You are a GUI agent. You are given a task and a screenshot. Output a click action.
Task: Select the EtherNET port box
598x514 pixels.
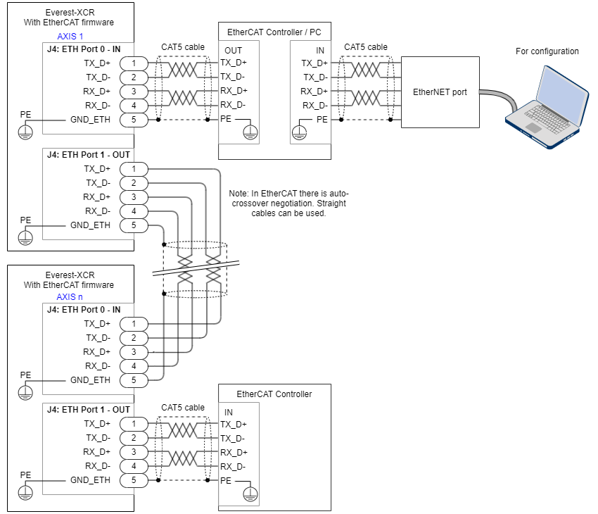(440, 92)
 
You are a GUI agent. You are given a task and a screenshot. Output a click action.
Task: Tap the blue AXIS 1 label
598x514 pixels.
(70, 36)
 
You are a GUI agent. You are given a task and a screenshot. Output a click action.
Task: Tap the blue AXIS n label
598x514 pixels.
(70, 296)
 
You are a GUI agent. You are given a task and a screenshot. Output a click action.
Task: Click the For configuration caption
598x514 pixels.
(547, 51)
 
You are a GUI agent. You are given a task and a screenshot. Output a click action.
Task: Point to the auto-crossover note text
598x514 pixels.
(288, 203)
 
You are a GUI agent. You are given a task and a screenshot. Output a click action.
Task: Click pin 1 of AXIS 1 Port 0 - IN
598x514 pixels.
(133, 63)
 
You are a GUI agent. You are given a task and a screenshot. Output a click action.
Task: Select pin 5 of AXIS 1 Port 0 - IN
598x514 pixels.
(133, 120)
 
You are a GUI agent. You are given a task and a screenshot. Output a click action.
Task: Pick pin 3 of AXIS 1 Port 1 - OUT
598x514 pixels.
(133, 197)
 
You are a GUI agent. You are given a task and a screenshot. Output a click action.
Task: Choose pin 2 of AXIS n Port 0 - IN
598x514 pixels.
(133, 338)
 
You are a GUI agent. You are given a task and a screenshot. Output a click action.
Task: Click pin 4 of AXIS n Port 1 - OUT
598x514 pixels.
(133, 466)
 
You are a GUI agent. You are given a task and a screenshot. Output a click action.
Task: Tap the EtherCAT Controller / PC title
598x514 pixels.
(274, 32)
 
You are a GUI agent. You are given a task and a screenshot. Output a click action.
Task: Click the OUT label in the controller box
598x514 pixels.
(233, 51)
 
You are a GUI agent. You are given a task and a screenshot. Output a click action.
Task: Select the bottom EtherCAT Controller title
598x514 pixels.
(274, 394)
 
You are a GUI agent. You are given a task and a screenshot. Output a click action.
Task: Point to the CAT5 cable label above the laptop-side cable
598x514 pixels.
(366, 47)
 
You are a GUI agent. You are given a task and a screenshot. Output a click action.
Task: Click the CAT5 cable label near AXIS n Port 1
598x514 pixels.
(183, 408)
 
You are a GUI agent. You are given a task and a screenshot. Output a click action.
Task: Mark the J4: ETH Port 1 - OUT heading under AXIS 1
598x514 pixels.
(88, 154)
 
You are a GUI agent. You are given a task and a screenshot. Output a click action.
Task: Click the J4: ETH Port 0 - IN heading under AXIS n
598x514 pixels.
(83, 309)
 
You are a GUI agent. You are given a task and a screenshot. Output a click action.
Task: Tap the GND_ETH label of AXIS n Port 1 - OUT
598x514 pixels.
(90, 480)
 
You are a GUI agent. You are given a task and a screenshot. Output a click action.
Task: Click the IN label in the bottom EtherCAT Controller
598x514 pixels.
(229, 413)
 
